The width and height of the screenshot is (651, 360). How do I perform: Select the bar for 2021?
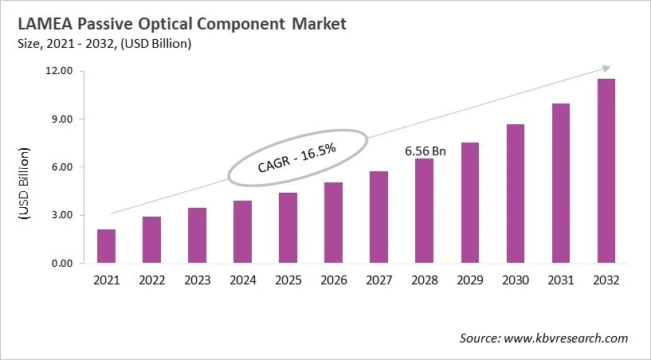tap(106, 246)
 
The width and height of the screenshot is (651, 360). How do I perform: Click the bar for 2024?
tap(242, 232)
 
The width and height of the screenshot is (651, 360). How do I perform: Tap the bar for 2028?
tap(424, 211)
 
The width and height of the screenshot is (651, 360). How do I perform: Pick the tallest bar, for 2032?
tap(606, 171)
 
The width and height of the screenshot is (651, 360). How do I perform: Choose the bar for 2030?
tap(515, 194)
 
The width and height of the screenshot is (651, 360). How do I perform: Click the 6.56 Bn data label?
tap(424, 150)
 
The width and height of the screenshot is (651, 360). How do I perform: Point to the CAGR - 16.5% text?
tap(297, 157)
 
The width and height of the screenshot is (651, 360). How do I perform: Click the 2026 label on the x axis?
tap(333, 280)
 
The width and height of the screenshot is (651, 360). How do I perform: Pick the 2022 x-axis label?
tap(151, 280)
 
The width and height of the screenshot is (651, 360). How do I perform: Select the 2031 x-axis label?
tap(560, 280)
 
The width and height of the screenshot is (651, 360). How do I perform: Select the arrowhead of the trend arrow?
tap(607, 68)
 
